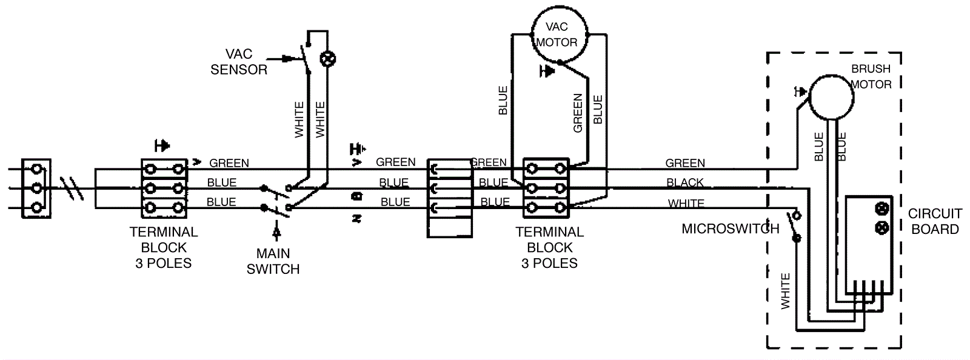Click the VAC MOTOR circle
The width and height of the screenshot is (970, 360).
[559, 34]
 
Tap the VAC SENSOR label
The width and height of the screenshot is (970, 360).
[239, 62]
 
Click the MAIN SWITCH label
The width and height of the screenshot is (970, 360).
[273, 261]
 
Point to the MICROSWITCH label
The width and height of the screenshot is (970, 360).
[730, 228]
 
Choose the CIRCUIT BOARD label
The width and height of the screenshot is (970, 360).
[934, 221]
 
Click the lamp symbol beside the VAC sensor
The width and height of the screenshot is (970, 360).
[328, 59]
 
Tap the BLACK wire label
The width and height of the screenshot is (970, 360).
[685, 182]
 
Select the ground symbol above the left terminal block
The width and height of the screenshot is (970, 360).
[162, 145]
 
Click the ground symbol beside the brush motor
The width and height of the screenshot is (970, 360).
[800, 92]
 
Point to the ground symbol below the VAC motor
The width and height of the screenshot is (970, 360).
[547, 72]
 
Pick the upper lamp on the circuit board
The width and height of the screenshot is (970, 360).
[881, 209]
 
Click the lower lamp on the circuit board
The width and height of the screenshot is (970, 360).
[881, 228]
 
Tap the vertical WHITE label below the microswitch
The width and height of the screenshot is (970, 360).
[786, 291]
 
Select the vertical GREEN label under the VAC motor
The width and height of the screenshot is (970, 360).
[578, 113]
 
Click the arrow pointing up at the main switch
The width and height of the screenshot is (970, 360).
[276, 230]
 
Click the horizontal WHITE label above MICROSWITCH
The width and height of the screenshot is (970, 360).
[686, 204]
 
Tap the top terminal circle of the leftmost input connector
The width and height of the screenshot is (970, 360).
[36, 169]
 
